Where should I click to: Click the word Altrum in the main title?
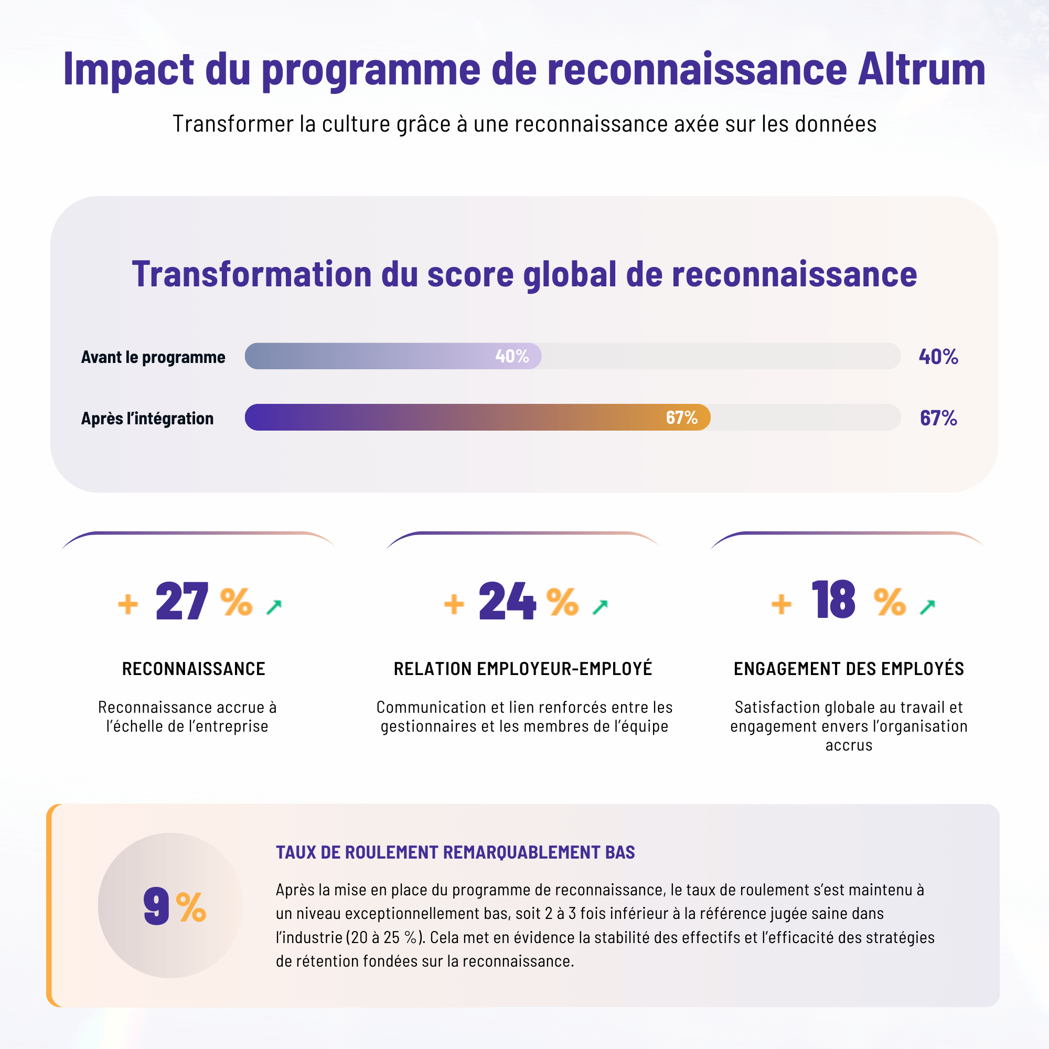tap(921, 70)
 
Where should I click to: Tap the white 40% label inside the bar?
tap(511, 356)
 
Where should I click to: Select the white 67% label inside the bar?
tap(681, 418)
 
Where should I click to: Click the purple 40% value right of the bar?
tap(938, 357)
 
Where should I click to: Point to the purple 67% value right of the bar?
tap(938, 418)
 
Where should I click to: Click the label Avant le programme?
tap(153, 357)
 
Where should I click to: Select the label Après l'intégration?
tap(147, 419)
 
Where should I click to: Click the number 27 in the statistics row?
tap(181, 601)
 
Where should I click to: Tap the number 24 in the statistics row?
tap(507, 601)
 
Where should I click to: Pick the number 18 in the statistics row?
tap(833, 600)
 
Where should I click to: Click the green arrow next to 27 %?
tap(274, 606)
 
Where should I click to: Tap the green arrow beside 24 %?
tap(600, 606)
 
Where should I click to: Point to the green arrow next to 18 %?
tap(927, 606)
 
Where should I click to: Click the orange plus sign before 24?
tap(454, 604)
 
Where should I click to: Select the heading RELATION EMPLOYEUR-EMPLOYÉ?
tap(523, 669)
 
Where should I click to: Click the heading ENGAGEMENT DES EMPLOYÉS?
tap(849, 669)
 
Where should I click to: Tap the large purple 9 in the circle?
tap(156, 906)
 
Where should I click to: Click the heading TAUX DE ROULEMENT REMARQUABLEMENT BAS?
tap(455, 852)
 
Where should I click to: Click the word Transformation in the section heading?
tap(251, 274)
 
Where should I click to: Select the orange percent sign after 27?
tap(236, 602)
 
